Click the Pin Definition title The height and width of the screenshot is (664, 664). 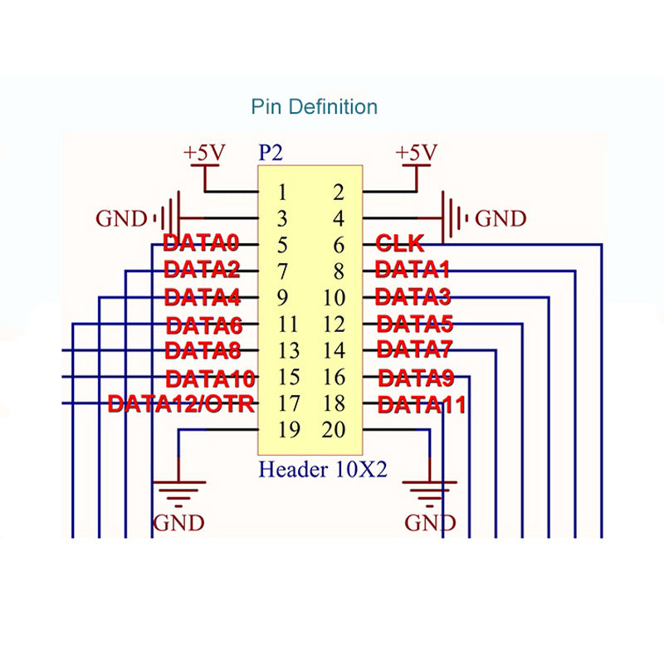[315, 106]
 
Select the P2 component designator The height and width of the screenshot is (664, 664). [271, 153]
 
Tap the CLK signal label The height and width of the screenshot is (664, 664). [400, 244]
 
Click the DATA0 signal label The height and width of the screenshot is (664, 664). [201, 244]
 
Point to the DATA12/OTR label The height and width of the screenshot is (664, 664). [181, 405]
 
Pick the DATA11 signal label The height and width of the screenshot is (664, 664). [421, 405]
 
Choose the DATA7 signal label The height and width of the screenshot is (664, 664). [414, 349]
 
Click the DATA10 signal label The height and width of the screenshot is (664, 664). [210, 379]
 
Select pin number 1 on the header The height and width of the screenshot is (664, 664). [282, 193]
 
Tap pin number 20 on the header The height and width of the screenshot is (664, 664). [333, 431]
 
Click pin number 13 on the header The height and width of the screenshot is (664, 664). [289, 350]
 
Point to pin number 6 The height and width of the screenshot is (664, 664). [338, 245]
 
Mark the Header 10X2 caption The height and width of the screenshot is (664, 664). [323, 469]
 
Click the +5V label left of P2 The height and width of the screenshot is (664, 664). [204, 153]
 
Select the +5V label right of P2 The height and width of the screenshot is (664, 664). [416, 153]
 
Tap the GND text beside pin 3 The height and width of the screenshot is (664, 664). [121, 219]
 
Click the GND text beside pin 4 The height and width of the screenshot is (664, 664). [500, 219]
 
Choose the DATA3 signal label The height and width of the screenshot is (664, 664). [413, 296]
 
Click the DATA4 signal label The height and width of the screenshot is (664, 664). [203, 296]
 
